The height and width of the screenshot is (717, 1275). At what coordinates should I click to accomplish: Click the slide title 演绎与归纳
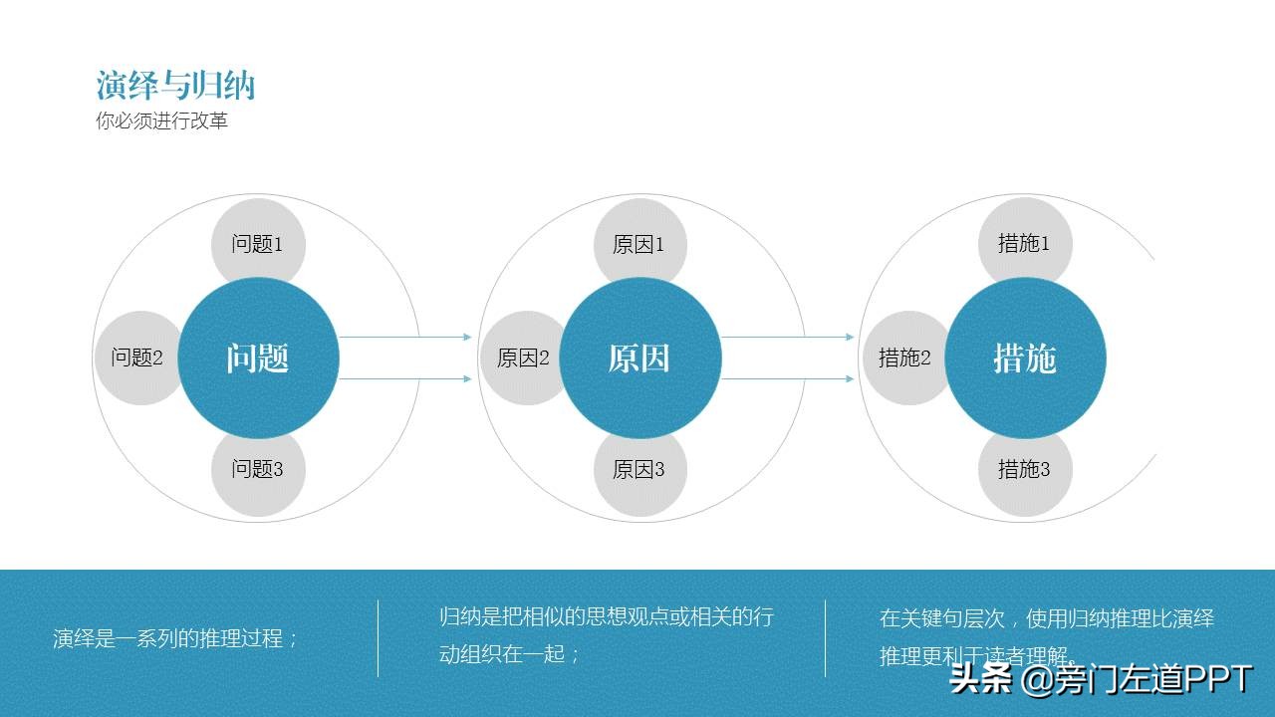click(175, 86)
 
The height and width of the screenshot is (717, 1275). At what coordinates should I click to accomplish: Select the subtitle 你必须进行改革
click(161, 121)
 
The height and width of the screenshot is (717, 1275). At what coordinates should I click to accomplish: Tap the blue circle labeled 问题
click(258, 358)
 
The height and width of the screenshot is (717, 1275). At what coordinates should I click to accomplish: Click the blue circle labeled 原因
click(639, 358)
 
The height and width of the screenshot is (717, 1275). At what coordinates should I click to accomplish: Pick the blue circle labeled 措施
click(1025, 358)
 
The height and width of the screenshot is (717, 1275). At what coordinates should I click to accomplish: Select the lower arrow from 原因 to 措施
click(788, 379)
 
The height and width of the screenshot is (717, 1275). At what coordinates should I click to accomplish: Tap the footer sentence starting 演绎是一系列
click(175, 639)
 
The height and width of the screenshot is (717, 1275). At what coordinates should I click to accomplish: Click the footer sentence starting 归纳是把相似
click(606, 635)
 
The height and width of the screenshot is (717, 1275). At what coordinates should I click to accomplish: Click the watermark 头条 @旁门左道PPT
click(1101, 681)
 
